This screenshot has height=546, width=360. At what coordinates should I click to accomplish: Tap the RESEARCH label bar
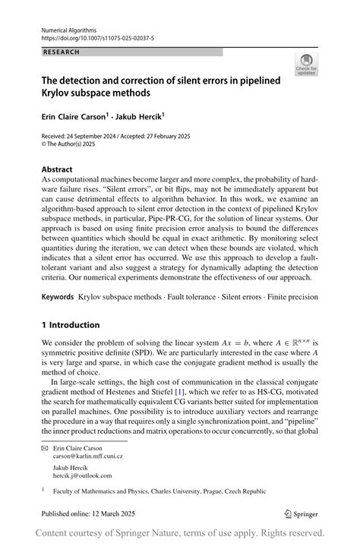pyautogui.click(x=132, y=52)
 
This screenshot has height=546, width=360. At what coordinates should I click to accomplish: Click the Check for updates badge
pyautogui.click(x=306, y=65)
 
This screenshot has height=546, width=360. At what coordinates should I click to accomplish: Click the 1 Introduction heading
pyautogui.click(x=71, y=325)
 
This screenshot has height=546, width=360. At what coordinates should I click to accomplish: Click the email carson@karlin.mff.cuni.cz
pyautogui.click(x=87, y=456)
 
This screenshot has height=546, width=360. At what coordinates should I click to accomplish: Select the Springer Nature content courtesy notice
pyautogui.click(x=180, y=533)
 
